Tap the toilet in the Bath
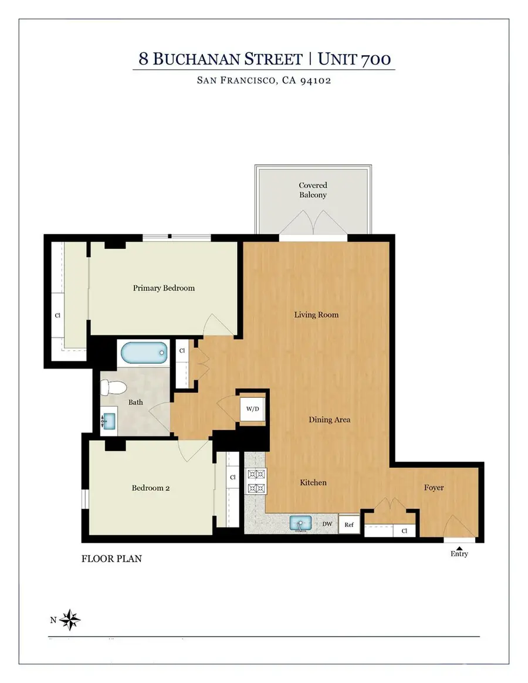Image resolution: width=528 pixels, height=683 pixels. click(x=111, y=387)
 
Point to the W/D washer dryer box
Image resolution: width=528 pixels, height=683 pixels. click(x=253, y=408)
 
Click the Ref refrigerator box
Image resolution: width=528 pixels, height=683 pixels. click(x=349, y=525)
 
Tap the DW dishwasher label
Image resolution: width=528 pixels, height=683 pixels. click(x=327, y=525)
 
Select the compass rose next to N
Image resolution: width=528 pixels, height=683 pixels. click(x=71, y=619)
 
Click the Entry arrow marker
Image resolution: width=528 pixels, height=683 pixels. click(x=459, y=546)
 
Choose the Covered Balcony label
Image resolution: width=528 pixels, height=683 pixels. click(x=312, y=190)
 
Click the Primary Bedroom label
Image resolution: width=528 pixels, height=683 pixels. click(x=164, y=288)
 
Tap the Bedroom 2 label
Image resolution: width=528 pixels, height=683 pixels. click(x=151, y=488)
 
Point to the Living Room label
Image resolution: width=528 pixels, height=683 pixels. click(x=316, y=315)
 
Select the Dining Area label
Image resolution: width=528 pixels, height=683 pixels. click(x=330, y=420)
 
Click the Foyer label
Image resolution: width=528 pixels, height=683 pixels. click(x=434, y=488)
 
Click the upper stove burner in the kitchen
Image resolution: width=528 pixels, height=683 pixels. click(x=256, y=474)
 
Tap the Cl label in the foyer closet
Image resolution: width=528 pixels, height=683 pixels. click(x=405, y=531)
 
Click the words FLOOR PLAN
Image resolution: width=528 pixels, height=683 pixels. click(x=111, y=559)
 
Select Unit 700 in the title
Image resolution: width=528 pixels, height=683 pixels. click(x=354, y=59)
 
